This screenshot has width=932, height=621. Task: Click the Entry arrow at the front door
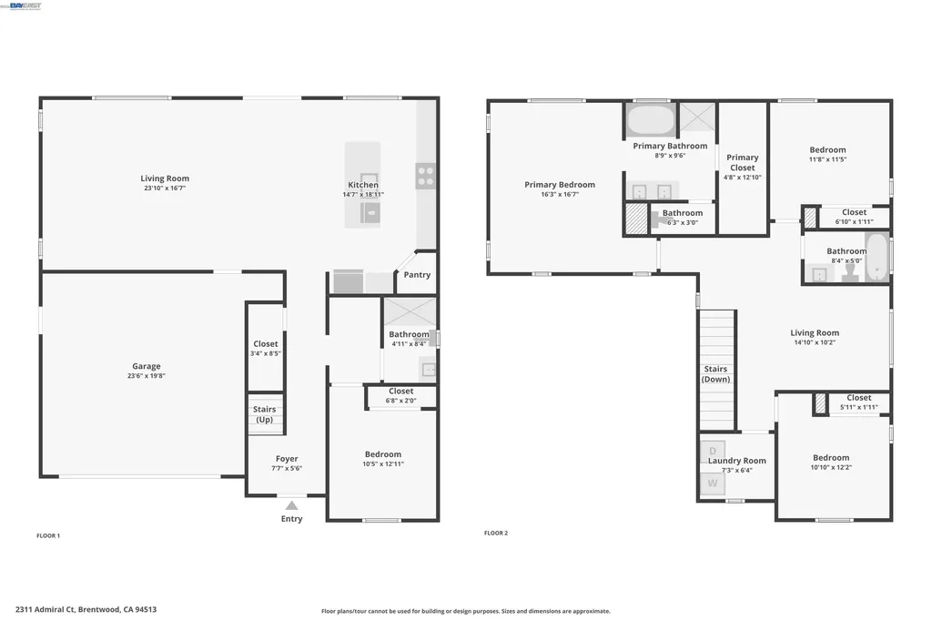pyautogui.click(x=291, y=505)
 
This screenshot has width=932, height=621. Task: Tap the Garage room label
pyautogui.click(x=146, y=366)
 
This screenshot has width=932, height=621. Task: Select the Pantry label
pyautogui.click(x=417, y=275)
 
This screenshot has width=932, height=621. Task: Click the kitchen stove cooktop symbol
pyautogui.click(x=426, y=176)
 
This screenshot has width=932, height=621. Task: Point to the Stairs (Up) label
pyautogui.click(x=264, y=414)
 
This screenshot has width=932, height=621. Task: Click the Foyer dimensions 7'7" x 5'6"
pyautogui.click(x=287, y=468)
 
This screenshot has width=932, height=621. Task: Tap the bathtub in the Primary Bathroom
pyautogui.click(x=650, y=119)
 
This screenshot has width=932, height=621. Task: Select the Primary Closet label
pyautogui.click(x=742, y=162)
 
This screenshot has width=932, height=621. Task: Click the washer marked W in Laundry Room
pyautogui.click(x=712, y=484)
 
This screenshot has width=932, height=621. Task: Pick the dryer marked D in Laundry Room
pyautogui.click(x=712, y=451)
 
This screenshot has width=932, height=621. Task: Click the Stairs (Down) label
pyautogui.click(x=716, y=374)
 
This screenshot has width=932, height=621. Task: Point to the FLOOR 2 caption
pyautogui.click(x=496, y=533)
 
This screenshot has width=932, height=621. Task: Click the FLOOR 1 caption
pyautogui.click(x=48, y=535)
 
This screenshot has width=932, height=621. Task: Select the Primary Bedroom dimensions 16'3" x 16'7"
pyautogui.click(x=559, y=194)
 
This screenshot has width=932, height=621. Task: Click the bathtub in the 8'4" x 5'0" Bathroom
pyautogui.click(x=876, y=259)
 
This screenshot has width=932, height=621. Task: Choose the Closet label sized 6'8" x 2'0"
pyautogui.click(x=400, y=392)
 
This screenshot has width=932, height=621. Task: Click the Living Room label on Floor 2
pyautogui.click(x=815, y=333)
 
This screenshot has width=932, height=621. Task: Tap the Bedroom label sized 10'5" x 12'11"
pyautogui.click(x=382, y=454)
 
